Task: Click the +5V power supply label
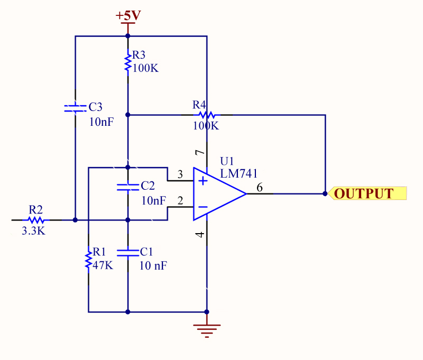128,15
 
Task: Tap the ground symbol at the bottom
207,330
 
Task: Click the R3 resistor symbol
127,62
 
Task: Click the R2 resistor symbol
35,219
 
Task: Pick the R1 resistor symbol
88,261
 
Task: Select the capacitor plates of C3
75,108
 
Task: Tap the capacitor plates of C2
127,187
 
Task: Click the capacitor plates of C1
127,252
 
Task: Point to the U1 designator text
226,161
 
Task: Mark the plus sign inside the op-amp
203,181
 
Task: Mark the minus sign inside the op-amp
203,207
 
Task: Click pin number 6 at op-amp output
259,188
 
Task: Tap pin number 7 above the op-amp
199,153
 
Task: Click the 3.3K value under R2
34,231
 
